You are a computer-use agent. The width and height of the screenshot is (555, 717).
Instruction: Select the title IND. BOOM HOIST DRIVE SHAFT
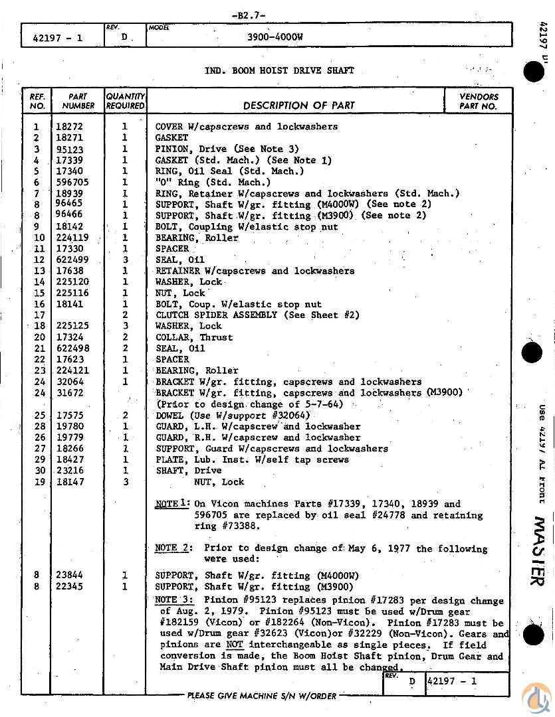(279, 70)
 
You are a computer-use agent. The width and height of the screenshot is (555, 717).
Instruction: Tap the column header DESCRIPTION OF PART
(298, 105)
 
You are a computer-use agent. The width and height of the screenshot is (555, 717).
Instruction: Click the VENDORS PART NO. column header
(479, 101)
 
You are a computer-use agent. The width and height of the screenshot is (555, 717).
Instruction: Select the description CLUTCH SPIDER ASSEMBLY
(216, 315)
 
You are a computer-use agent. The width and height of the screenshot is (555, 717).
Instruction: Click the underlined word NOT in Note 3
(234, 645)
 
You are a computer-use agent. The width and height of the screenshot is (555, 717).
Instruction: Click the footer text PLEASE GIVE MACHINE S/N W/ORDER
(262, 696)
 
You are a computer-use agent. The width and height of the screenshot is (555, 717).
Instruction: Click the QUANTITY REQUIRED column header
(125, 101)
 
